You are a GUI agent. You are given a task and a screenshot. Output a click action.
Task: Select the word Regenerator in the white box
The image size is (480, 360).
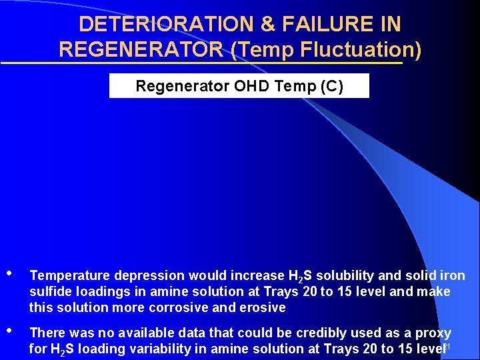click(x=174, y=86)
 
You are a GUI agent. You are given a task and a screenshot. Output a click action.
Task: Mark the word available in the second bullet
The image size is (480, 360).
click(x=157, y=332)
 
